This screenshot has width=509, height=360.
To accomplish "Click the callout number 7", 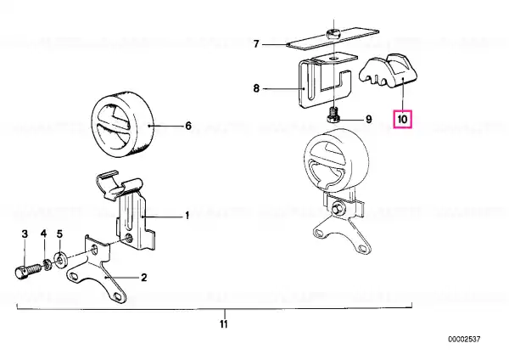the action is pyautogui.click(x=256, y=44).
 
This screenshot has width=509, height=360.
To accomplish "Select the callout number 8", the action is pyautogui.click(x=256, y=88).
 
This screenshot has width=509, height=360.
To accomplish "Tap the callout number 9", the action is pyautogui.click(x=369, y=120).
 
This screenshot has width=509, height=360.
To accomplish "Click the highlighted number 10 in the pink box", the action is pyautogui.click(x=402, y=119).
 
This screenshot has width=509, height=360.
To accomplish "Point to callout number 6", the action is pyautogui.click(x=188, y=126).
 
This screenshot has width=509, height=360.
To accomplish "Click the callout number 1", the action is pyautogui.click(x=187, y=216).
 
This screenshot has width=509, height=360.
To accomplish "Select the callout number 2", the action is pyautogui.click(x=143, y=278).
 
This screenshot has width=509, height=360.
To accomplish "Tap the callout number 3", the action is pyautogui.click(x=25, y=233).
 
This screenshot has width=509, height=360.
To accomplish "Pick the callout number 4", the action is pyautogui.click(x=43, y=233).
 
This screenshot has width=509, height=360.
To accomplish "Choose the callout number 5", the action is pyautogui.click(x=59, y=233).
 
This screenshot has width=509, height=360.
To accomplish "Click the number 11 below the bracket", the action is pyautogui.click(x=224, y=324).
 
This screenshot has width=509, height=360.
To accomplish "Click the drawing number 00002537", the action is pyautogui.click(x=464, y=340).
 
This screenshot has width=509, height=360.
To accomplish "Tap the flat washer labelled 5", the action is pyautogui.click(x=60, y=260).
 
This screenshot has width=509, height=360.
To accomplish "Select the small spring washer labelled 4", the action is pyautogui.click(x=48, y=264).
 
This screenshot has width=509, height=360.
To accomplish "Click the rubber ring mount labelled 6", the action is pyautogui.click(x=122, y=125).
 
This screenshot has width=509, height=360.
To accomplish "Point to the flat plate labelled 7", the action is pyautogui.click(x=333, y=38).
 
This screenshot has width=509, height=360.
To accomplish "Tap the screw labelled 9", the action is pyautogui.click(x=332, y=115).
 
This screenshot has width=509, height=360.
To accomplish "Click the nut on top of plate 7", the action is pyautogui.click(x=333, y=33).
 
